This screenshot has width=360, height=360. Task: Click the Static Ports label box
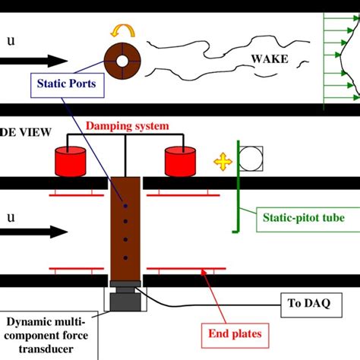65,84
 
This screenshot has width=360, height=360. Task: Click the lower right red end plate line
175,268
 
